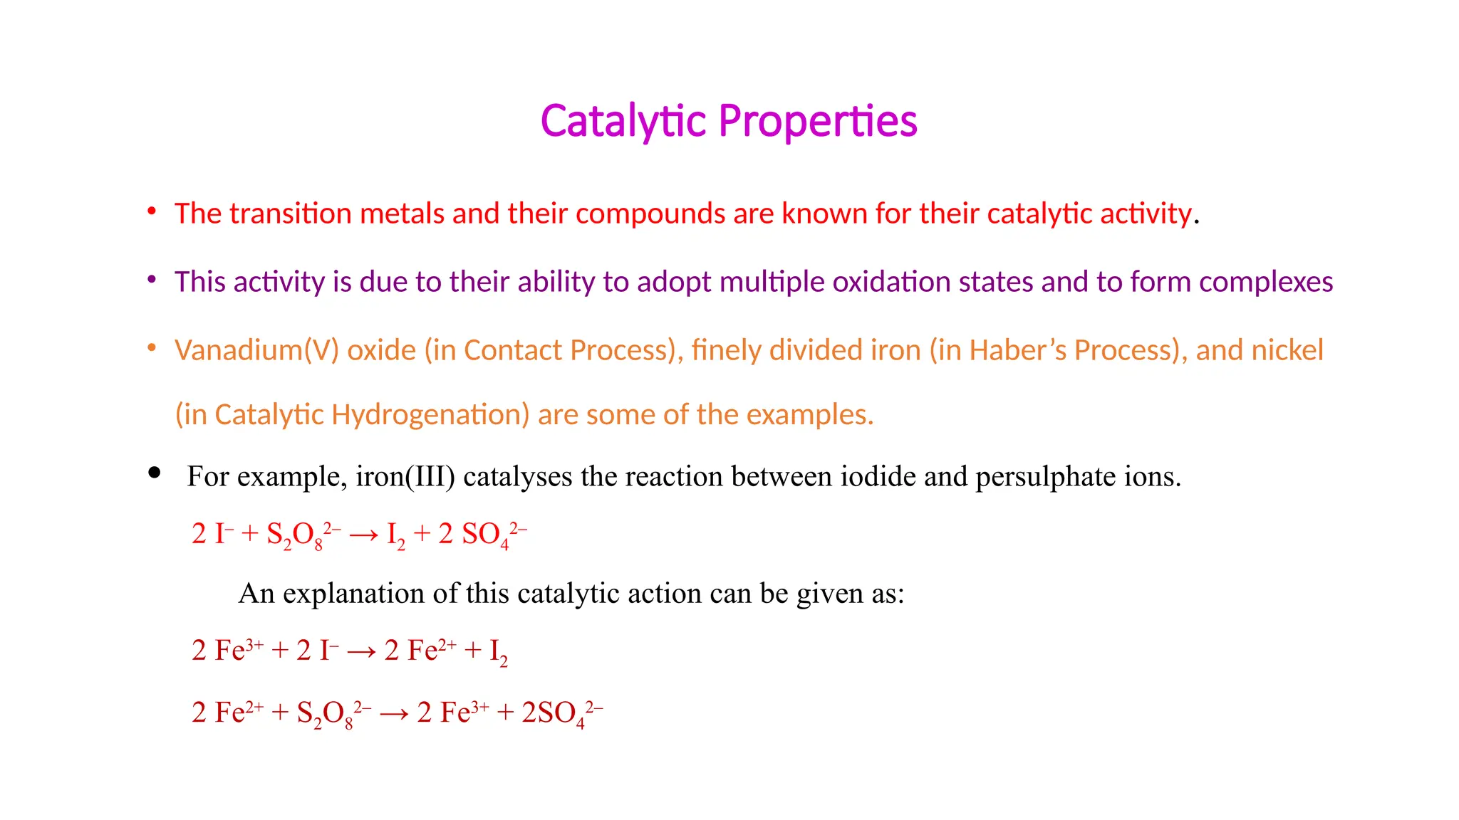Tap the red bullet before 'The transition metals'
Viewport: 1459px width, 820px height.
(x=152, y=211)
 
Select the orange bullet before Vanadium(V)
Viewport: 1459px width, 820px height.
(x=152, y=348)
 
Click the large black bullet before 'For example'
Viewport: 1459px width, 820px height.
(x=154, y=473)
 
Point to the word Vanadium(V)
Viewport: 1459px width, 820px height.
(x=256, y=350)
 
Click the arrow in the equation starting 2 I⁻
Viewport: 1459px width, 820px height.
(x=363, y=535)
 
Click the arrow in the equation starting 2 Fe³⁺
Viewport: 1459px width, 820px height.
(x=361, y=651)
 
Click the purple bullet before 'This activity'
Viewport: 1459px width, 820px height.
(x=152, y=280)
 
